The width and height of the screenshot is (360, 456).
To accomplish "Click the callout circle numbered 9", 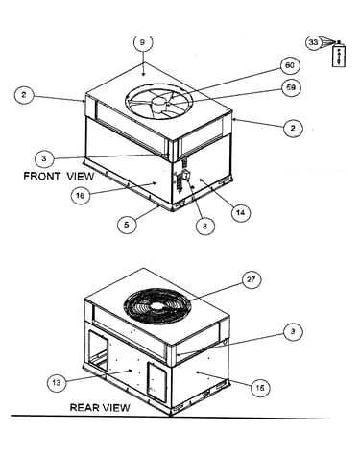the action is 143,43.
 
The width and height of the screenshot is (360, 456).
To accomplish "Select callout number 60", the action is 289,65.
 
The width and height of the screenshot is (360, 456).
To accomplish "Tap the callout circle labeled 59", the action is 291,87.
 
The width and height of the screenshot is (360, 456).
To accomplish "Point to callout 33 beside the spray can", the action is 313,42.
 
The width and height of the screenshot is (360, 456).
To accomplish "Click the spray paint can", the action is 339,54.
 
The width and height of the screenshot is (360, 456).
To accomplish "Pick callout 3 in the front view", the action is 43,158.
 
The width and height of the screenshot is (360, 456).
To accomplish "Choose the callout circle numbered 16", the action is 80,195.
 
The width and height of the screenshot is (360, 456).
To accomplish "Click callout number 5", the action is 127,225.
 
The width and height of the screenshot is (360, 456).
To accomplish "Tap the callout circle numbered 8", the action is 205,226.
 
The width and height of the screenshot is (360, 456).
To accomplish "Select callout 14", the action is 241,212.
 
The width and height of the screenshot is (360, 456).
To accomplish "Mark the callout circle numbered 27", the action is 251,279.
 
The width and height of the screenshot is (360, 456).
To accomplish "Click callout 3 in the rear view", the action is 293,331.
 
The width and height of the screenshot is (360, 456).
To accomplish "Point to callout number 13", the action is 57,382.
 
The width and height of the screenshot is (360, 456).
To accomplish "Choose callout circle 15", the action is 260,388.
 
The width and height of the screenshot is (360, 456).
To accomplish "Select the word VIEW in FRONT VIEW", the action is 81,177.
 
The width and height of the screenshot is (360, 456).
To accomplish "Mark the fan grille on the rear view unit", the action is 157,306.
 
